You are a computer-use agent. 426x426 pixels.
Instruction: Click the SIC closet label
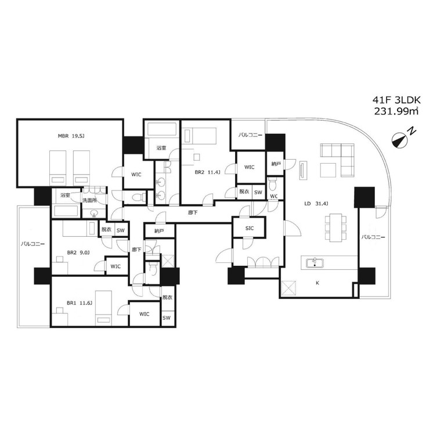(249, 228)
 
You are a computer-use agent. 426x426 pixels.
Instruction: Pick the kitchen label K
(317, 283)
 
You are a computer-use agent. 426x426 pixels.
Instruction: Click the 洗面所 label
(89, 200)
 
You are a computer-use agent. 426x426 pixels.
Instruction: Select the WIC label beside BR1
(144, 314)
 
